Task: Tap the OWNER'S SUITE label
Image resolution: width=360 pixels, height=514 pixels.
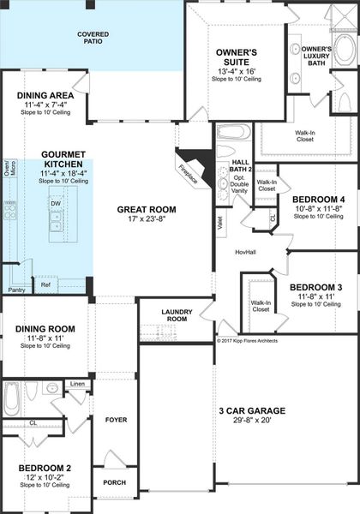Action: (236, 57)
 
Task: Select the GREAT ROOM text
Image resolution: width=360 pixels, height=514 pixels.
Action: (147, 208)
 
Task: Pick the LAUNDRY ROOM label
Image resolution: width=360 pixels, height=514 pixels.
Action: (177, 315)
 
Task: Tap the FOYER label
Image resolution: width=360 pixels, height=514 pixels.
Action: (116, 420)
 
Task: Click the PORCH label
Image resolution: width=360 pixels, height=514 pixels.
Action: (115, 481)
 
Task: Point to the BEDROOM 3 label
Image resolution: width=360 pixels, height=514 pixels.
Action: (315, 286)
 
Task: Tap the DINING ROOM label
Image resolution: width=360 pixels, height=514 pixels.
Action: (45, 329)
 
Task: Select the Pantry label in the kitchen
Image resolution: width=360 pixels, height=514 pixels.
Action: (16, 290)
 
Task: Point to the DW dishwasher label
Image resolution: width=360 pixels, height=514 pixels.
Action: (55, 203)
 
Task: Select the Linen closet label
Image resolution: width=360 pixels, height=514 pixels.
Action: (77, 384)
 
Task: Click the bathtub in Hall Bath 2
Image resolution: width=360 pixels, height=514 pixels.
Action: (231, 133)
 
